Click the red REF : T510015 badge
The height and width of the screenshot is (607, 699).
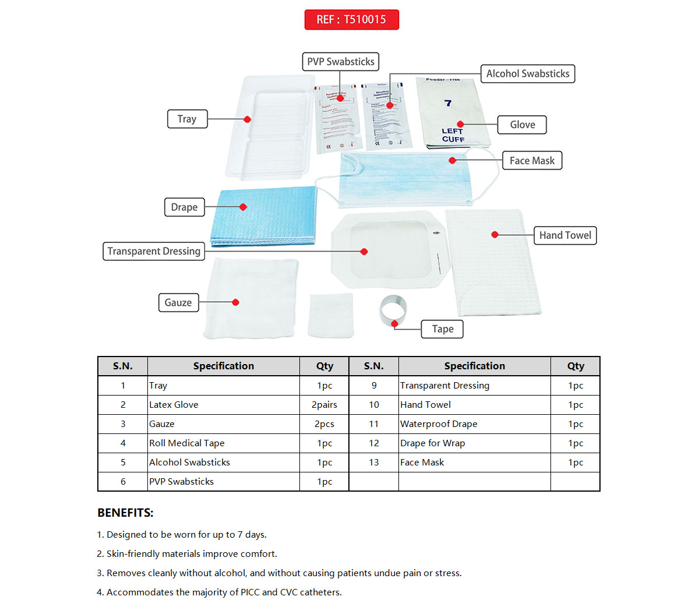pyautogui.click(x=351, y=19)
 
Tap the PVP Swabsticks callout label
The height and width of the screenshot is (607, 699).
pyautogui.click(x=341, y=62)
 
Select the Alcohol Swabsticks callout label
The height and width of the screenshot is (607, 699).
pyautogui.click(x=528, y=74)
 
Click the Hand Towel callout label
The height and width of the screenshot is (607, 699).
pyautogui.click(x=565, y=235)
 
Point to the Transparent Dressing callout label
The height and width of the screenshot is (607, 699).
pyautogui.click(x=154, y=251)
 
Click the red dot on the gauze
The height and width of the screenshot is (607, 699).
pyautogui.click(x=235, y=302)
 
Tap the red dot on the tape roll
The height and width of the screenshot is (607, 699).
pyautogui.click(x=395, y=323)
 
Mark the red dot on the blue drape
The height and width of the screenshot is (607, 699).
pyautogui.click(x=243, y=207)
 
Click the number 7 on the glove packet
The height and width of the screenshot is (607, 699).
pyautogui.click(x=448, y=103)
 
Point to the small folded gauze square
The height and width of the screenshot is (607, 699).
pyautogui.click(x=331, y=315)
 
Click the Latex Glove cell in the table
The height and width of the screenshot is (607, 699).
pyautogui.click(x=174, y=405)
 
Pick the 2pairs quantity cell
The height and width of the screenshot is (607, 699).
pyautogui.click(x=324, y=405)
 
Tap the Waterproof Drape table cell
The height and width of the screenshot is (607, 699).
pyautogui.click(x=439, y=424)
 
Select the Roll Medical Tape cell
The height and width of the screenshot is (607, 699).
pyautogui.click(x=186, y=443)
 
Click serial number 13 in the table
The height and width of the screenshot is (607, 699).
pyautogui.click(x=374, y=463)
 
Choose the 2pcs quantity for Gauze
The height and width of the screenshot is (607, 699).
pyautogui.click(x=324, y=424)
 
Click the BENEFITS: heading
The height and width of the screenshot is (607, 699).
pyautogui.click(x=125, y=513)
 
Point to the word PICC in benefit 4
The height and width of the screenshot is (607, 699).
pyautogui.click(x=250, y=592)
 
